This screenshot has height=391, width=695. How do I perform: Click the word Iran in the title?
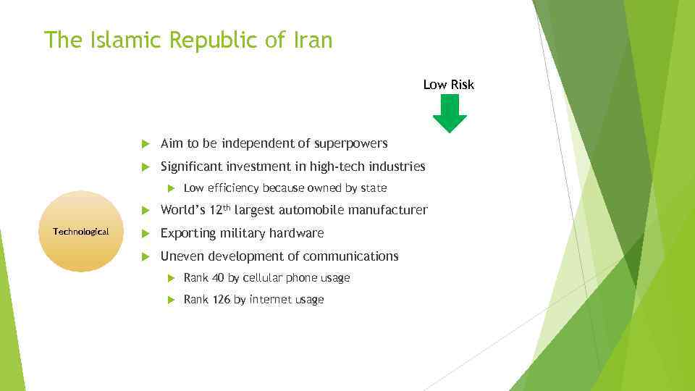pos(311,40)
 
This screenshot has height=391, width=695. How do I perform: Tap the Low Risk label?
pos(448,85)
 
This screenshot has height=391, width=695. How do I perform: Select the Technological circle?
pos(80,232)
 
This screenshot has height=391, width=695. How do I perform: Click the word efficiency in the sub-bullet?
pos(234,188)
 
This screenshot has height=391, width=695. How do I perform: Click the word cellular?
pos(263,278)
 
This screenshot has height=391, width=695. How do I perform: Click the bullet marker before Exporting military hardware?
pos(145,234)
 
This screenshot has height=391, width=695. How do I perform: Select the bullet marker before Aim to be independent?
pos(145,144)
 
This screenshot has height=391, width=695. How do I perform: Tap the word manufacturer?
pos(391,211)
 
